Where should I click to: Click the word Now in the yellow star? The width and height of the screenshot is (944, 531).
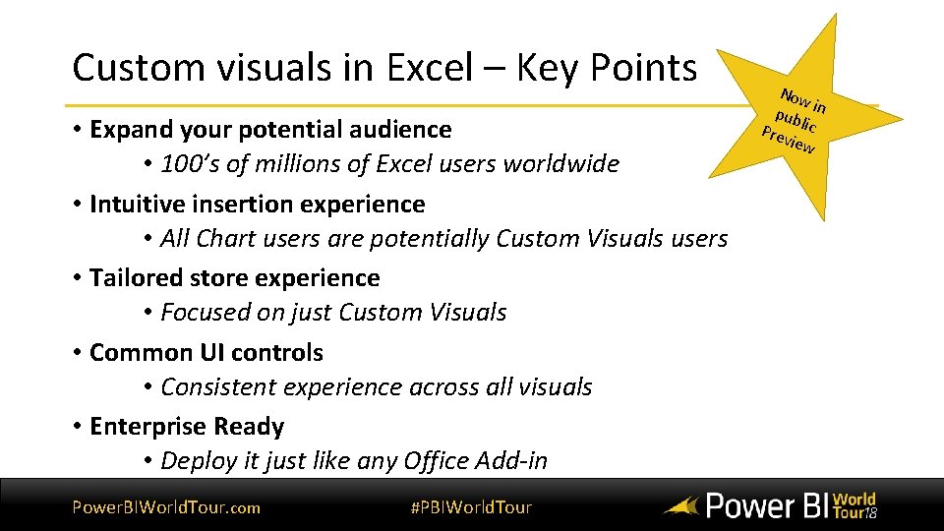[x=794, y=98]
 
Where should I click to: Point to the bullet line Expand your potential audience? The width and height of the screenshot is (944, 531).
[x=270, y=129]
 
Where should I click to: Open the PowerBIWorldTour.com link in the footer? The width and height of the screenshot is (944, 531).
[x=166, y=507]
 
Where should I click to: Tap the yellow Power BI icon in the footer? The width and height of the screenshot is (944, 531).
[x=680, y=507]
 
